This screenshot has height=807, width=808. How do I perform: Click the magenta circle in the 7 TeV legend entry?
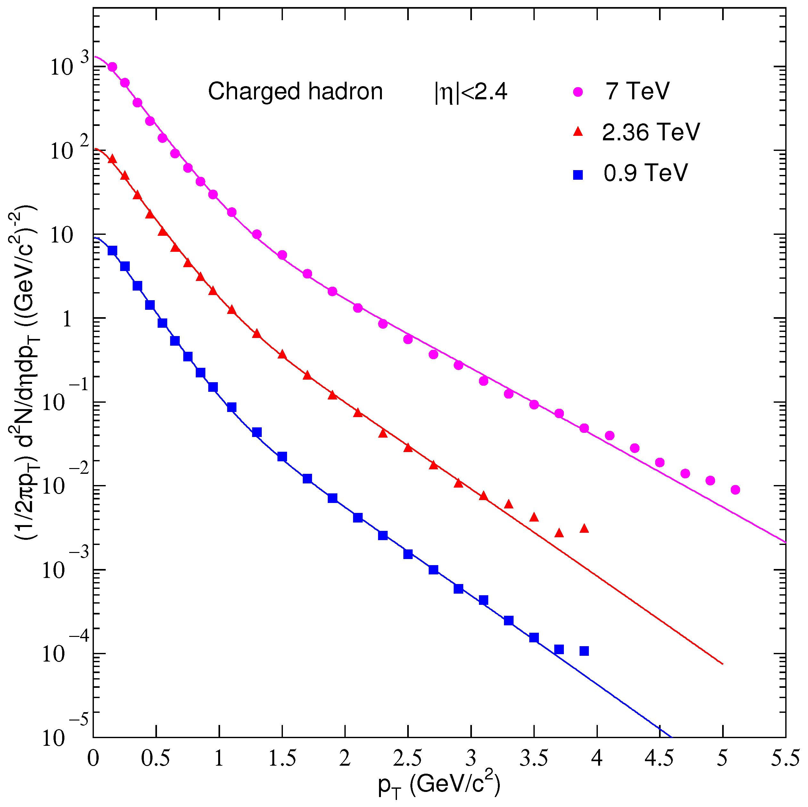pyautogui.click(x=578, y=92)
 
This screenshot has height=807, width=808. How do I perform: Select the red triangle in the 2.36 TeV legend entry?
pyautogui.click(x=578, y=132)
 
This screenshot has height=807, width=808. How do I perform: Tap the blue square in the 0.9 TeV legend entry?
pyautogui.click(x=578, y=175)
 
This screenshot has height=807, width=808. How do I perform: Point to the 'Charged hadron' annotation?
pyautogui.click(x=295, y=92)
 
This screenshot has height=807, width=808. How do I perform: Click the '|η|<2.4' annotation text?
pyautogui.click(x=471, y=92)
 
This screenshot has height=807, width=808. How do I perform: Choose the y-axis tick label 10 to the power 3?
pyautogui.click(x=69, y=66)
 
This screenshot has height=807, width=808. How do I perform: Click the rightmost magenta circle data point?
pyautogui.click(x=735, y=490)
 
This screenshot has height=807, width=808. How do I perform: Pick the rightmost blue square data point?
pyautogui.click(x=584, y=651)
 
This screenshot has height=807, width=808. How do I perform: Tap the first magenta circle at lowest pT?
pyautogui.click(x=112, y=67)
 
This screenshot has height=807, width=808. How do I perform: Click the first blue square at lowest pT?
pyautogui.click(x=112, y=251)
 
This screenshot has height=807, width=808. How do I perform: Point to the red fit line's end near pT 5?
pyautogui.click(x=722, y=663)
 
